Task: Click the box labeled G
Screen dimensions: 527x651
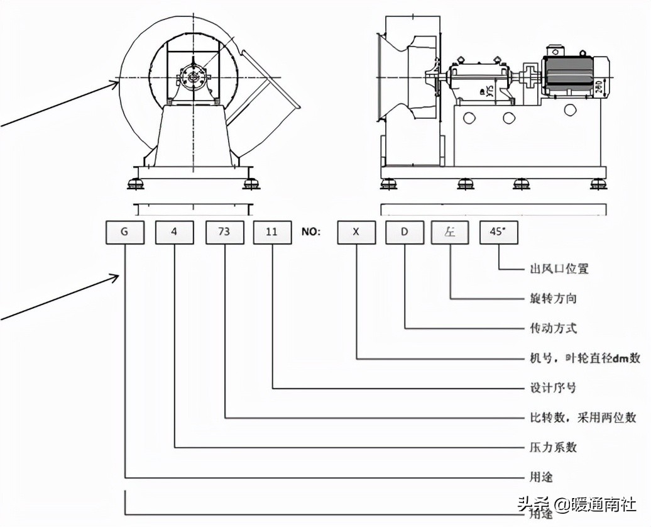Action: tap(124, 231)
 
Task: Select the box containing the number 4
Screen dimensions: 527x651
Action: tap(174, 231)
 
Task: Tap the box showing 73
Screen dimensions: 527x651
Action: tap(224, 231)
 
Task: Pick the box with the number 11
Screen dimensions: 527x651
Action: tap(272, 231)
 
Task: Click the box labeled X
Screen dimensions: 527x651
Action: tap(356, 231)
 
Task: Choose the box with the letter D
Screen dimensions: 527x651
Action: tap(405, 231)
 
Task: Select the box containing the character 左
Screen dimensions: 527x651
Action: tap(451, 231)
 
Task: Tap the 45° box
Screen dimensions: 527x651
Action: tap(498, 231)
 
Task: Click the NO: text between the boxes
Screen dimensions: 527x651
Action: tap(311, 231)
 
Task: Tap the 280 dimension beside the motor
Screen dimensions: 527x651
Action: tap(600, 87)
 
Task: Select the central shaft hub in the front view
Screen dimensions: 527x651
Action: tap(191, 77)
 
